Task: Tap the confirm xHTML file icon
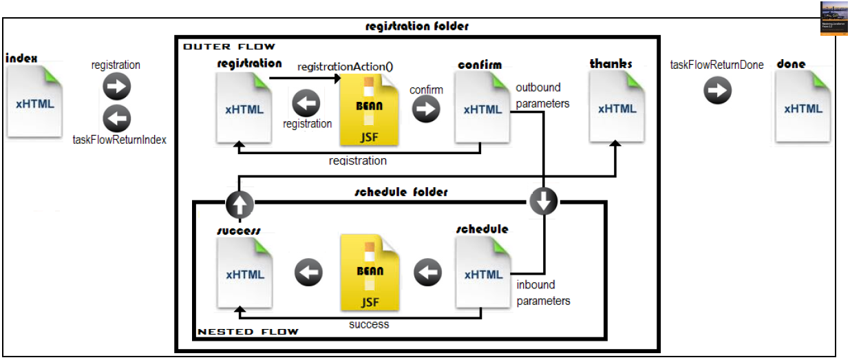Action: click(x=482, y=109)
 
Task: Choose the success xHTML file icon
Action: click(x=245, y=274)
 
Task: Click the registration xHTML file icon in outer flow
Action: click(x=244, y=109)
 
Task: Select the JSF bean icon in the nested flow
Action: click(x=370, y=274)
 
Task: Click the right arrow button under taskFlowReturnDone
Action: click(x=717, y=91)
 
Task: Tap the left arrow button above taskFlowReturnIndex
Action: click(x=116, y=118)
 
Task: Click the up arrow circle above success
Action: click(x=239, y=204)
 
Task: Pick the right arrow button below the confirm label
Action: click(x=426, y=109)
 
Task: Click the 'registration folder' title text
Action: click(x=417, y=26)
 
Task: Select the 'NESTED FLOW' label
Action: click(x=248, y=332)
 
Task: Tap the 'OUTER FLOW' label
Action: click(x=229, y=47)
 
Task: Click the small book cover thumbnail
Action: click(x=833, y=18)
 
